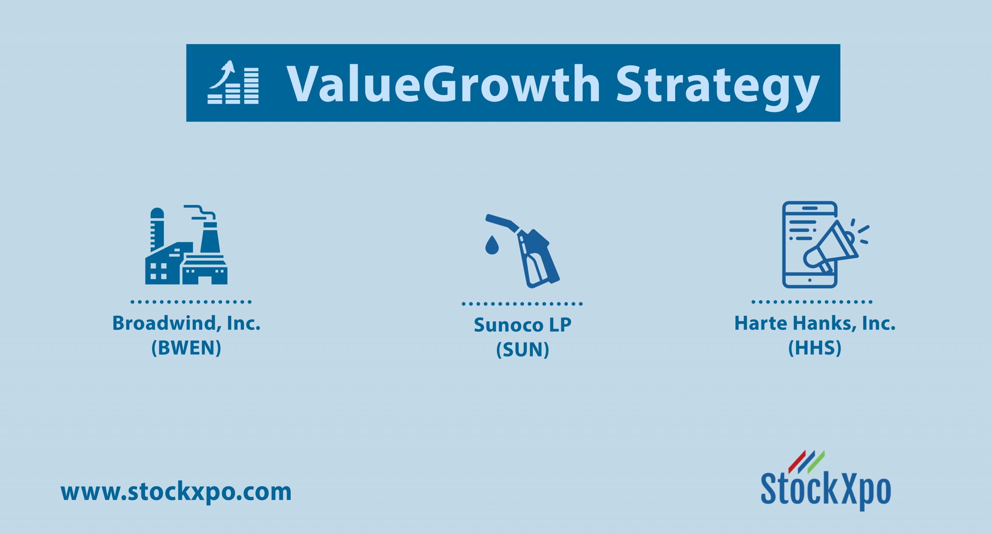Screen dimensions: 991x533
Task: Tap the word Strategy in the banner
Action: click(x=718, y=88)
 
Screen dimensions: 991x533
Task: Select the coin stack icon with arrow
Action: click(x=233, y=82)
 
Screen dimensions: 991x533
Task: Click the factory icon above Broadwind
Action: click(x=186, y=245)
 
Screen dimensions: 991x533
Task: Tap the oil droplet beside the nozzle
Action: click(x=492, y=245)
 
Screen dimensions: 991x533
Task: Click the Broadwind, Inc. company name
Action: click(x=186, y=323)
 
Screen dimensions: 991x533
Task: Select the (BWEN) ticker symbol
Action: click(x=186, y=348)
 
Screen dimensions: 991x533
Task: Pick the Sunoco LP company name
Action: click(x=523, y=325)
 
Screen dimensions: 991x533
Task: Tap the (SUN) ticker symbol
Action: click(x=523, y=350)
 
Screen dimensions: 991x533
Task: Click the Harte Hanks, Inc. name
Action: click(x=815, y=323)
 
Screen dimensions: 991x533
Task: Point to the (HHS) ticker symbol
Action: click(x=815, y=348)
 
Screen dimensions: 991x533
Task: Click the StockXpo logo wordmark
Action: click(x=826, y=490)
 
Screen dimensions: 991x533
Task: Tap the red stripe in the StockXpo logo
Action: click(x=797, y=462)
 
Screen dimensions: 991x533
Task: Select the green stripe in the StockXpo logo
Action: click(x=816, y=462)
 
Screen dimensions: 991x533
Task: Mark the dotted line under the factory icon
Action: click(x=191, y=302)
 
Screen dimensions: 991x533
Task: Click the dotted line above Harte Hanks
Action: click(x=812, y=302)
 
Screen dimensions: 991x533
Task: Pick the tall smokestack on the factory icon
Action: click(x=210, y=238)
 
